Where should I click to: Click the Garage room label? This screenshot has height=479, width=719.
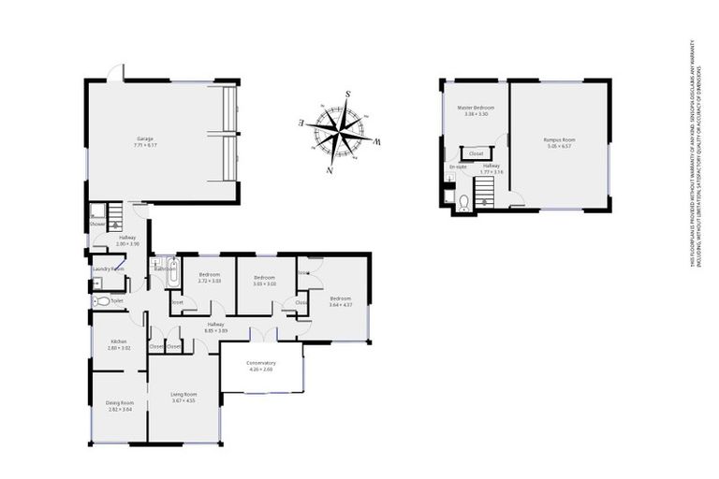[x=143, y=139]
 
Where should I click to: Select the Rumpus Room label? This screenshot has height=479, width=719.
[x=560, y=139]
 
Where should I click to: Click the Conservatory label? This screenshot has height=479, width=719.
[x=261, y=363]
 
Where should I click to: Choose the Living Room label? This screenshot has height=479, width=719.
[x=183, y=394]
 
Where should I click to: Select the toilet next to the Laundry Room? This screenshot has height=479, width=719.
[x=101, y=301]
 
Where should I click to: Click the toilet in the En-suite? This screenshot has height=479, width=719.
[x=464, y=200]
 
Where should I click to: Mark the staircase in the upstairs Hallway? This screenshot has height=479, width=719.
[x=484, y=194]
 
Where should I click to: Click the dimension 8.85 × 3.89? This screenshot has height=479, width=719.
[x=216, y=330]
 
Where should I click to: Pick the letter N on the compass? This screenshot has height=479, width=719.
[x=329, y=170]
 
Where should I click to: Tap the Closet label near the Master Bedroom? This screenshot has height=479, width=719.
[x=476, y=152]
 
